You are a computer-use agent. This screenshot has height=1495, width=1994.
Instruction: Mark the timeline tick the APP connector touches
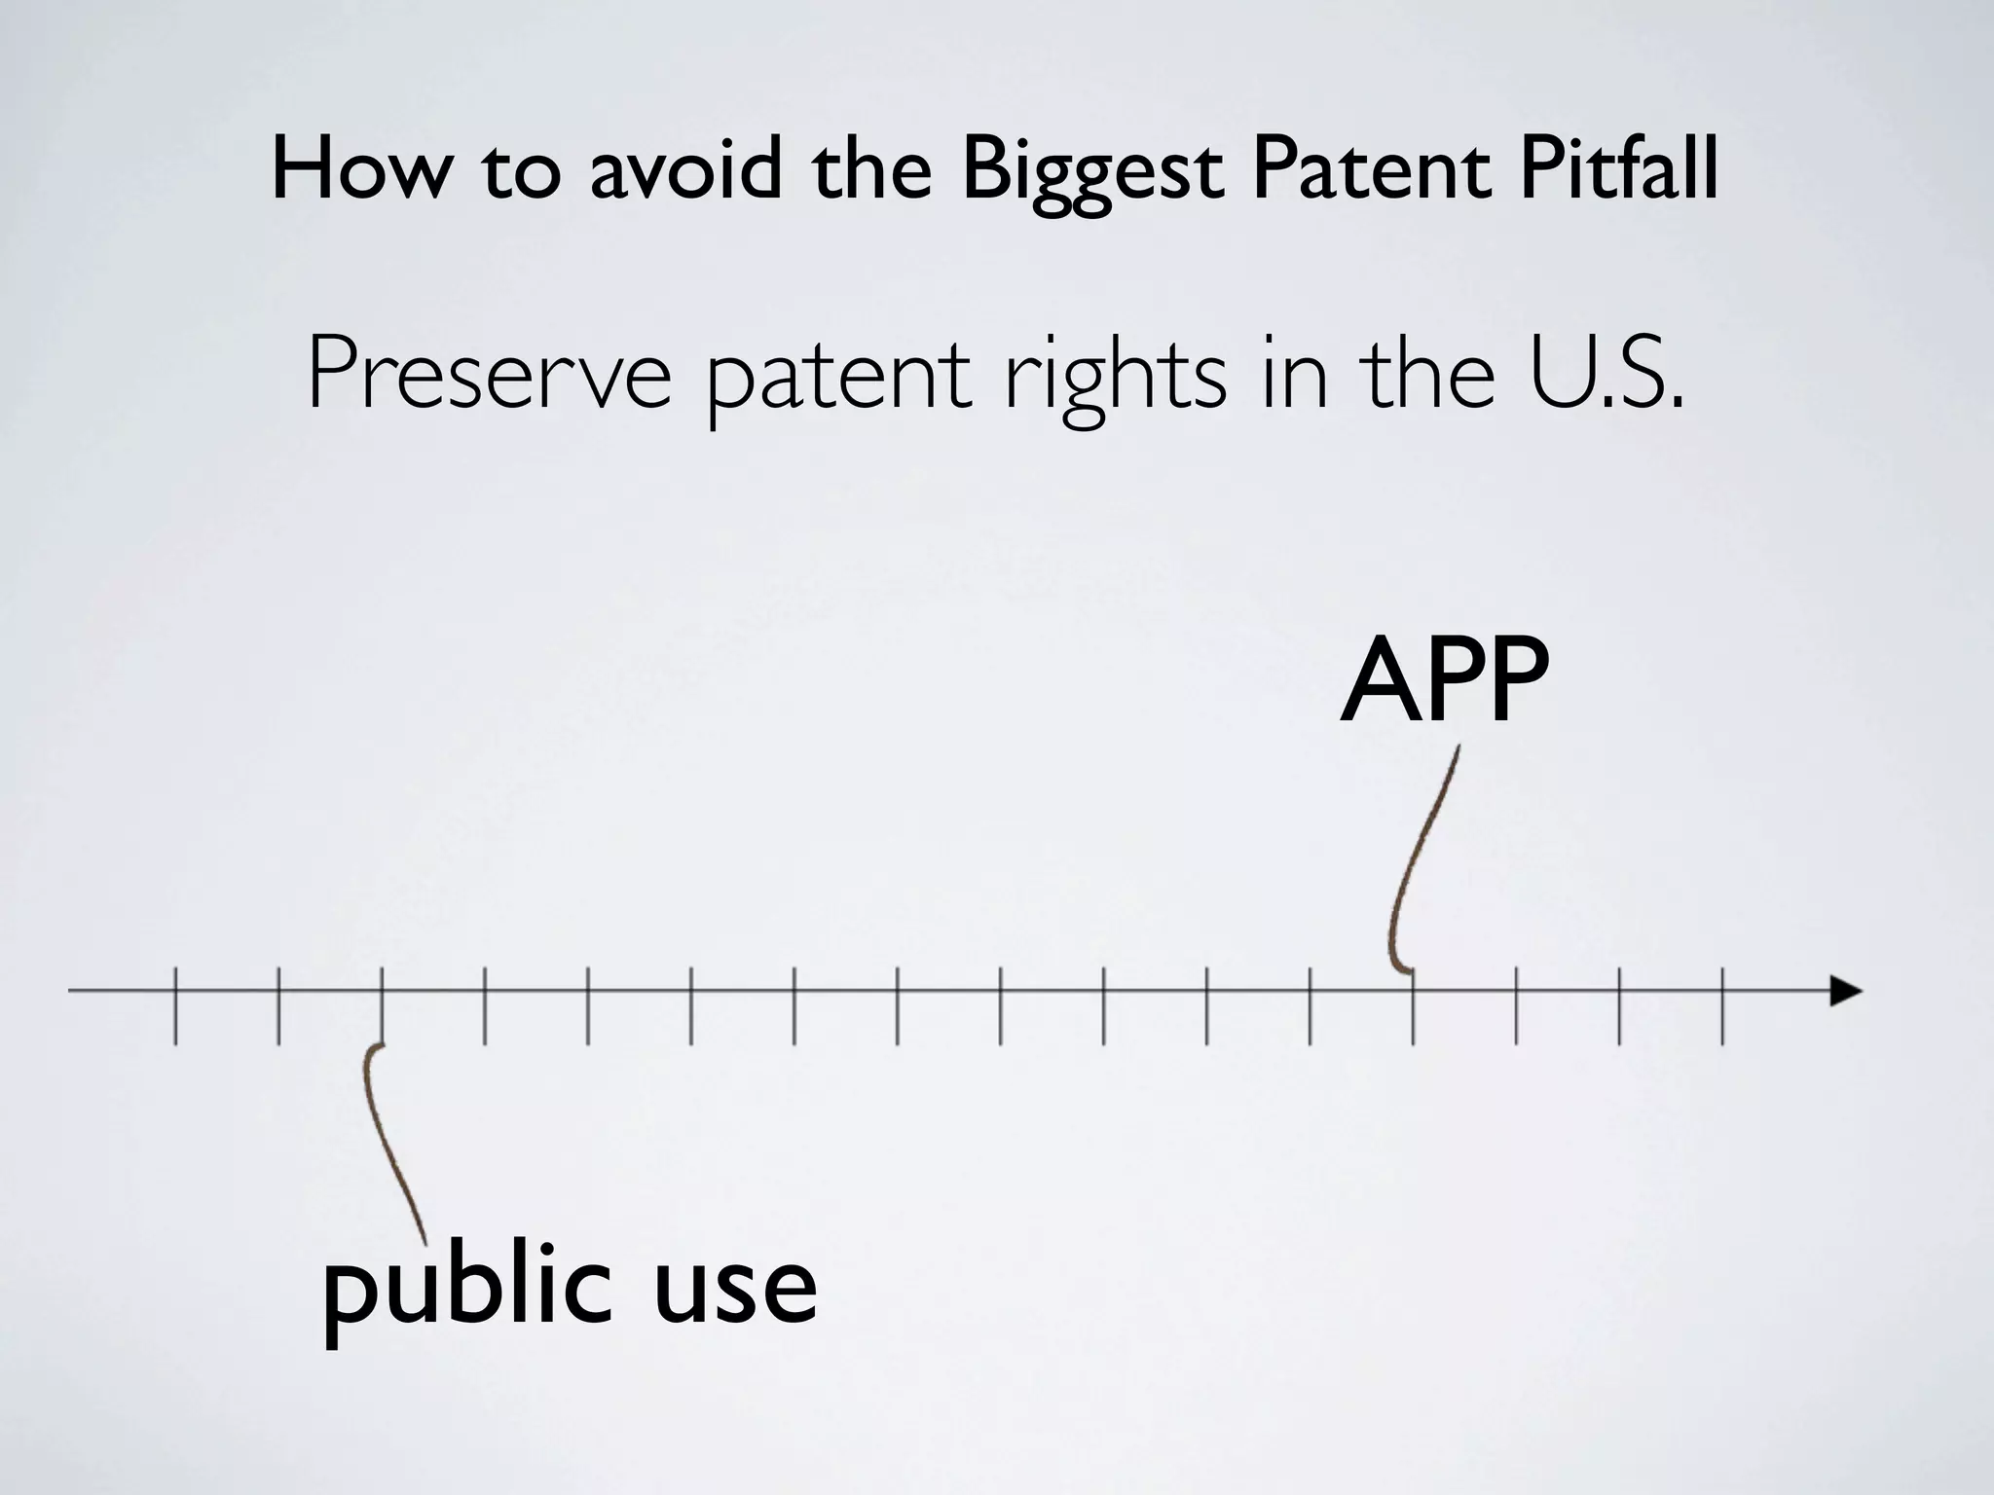point(1413,1007)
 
